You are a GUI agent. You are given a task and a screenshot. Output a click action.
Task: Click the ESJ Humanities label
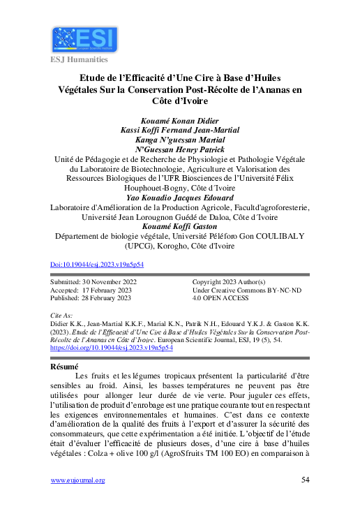click(x=77, y=60)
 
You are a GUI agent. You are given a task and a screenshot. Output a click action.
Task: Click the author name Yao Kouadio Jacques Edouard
click(x=179, y=198)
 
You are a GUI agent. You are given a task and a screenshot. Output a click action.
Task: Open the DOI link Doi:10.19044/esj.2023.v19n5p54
click(x=98, y=265)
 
